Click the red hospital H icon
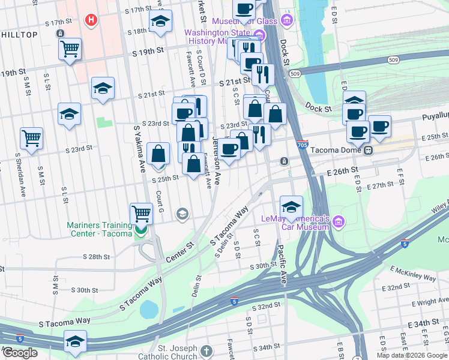91,21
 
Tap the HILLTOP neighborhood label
20,35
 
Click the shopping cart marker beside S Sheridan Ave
32,137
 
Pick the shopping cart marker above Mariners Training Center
142,213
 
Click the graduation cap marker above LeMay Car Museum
291,207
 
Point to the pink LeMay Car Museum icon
339,223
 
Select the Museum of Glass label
246,22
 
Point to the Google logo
20,353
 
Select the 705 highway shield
303,145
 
